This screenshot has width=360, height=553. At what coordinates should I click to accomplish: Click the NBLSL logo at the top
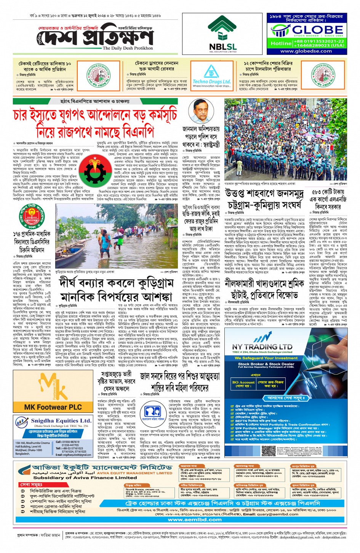tap(222, 34)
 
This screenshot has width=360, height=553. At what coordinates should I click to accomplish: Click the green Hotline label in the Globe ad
tap(281, 43)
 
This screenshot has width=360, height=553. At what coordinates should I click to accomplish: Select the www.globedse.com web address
tap(306, 51)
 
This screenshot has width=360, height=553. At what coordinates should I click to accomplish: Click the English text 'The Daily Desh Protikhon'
tap(128, 48)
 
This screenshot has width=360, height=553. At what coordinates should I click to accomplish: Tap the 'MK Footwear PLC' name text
tap(53, 407)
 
